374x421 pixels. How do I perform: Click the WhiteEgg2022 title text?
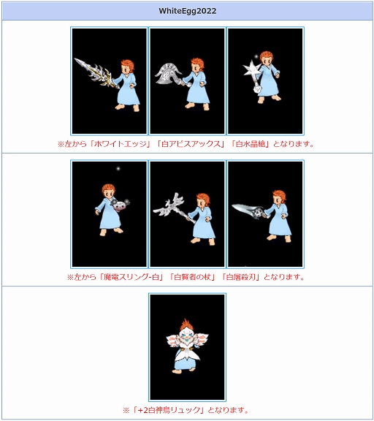pyautogui.click(x=187, y=11)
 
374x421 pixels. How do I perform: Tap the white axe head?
pyautogui.click(x=168, y=73)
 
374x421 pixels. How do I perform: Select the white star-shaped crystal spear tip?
pyautogui.click(x=251, y=69)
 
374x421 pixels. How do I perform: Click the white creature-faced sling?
pyautogui.click(x=119, y=205)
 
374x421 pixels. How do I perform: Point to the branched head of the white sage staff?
pyautogui.click(x=169, y=205)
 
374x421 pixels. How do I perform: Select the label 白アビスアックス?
pyautogui.click(x=190, y=144)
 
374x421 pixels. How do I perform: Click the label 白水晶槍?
pyautogui.click(x=251, y=144)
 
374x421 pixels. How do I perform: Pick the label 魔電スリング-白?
pyautogui.click(x=131, y=277)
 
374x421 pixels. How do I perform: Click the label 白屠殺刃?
pyautogui.click(x=240, y=277)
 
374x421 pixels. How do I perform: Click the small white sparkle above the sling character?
pyautogui.click(x=118, y=169)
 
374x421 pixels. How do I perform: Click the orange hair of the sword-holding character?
pyautogui.click(x=128, y=65)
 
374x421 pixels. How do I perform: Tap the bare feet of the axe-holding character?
pyautogui.click(x=197, y=106)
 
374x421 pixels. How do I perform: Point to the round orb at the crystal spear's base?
pyautogui.click(x=257, y=89)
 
